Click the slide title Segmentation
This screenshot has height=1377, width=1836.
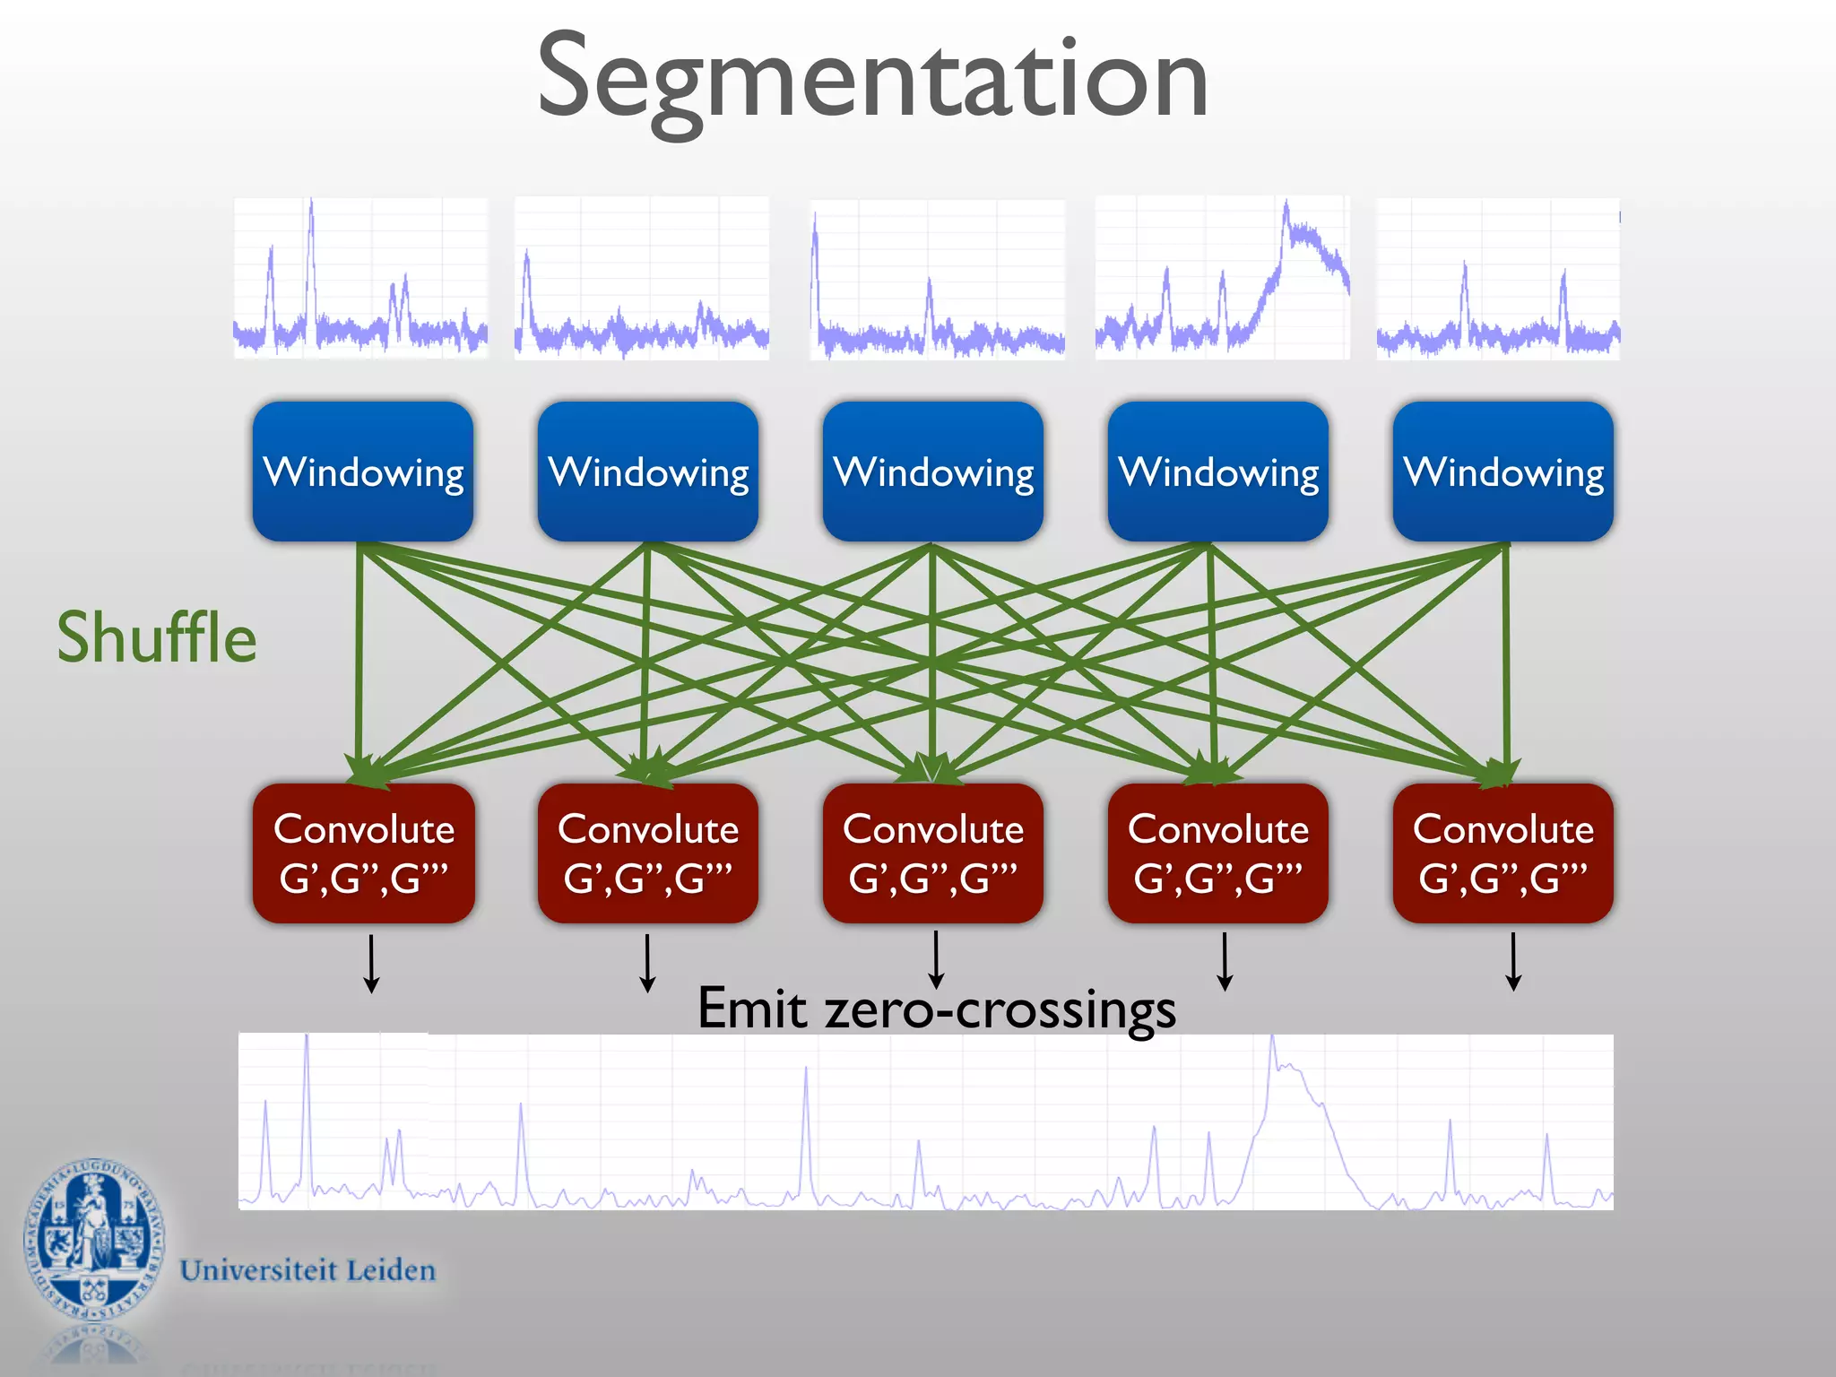coord(871,79)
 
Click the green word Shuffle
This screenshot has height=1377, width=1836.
coord(157,637)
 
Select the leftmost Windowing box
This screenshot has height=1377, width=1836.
coord(363,472)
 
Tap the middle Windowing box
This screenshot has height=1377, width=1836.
coord(933,472)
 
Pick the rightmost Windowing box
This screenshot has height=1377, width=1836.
coord(1503,472)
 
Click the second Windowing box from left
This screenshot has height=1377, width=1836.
coord(648,472)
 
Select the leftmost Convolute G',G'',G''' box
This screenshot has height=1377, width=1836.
coord(363,853)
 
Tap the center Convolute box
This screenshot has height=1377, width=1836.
coord(933,853)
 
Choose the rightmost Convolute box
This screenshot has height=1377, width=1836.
coord(1503,853)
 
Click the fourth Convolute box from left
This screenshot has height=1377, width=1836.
coord(1218,853)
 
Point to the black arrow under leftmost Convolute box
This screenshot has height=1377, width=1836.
coord(371,964)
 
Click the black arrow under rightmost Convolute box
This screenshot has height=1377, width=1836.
coord(1513,962)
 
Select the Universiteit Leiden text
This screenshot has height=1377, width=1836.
coord(307,1270)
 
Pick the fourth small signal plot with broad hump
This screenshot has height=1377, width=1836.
coord(1222,278)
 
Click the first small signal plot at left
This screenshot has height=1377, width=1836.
coord(360,278)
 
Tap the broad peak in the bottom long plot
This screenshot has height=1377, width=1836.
coord(1291,1103)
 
